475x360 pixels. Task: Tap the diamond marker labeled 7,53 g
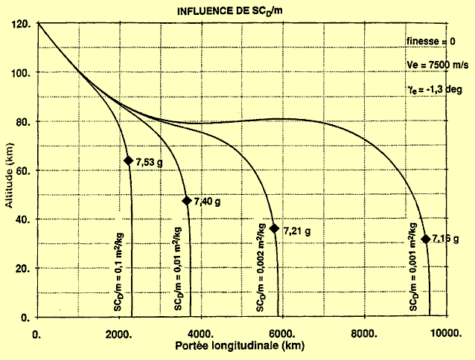(x=128, y=161)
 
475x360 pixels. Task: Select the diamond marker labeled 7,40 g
(x=187, y=201)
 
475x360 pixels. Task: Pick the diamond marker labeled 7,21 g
(x=274, y=228)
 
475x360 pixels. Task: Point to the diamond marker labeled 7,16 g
(x=425, y=239)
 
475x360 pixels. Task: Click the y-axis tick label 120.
(x=22, y=24)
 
